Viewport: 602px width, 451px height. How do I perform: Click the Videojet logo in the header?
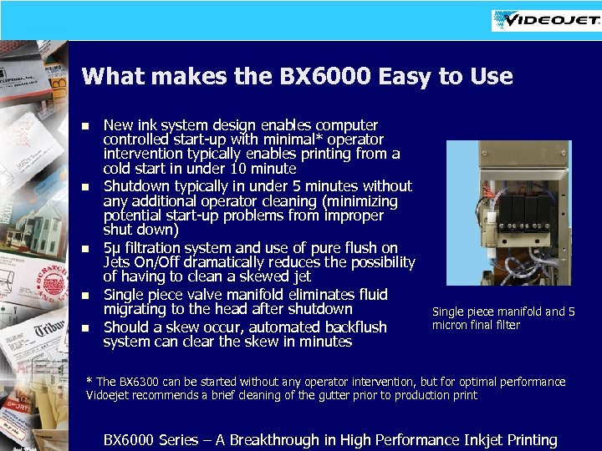point(544,21)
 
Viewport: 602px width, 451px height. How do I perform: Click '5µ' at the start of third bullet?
point(112,249)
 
